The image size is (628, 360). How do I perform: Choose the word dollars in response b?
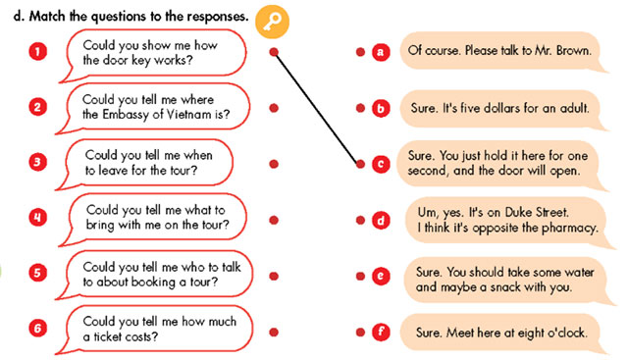tap(506, 107)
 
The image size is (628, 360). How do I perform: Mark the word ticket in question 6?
tap(116, 335)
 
